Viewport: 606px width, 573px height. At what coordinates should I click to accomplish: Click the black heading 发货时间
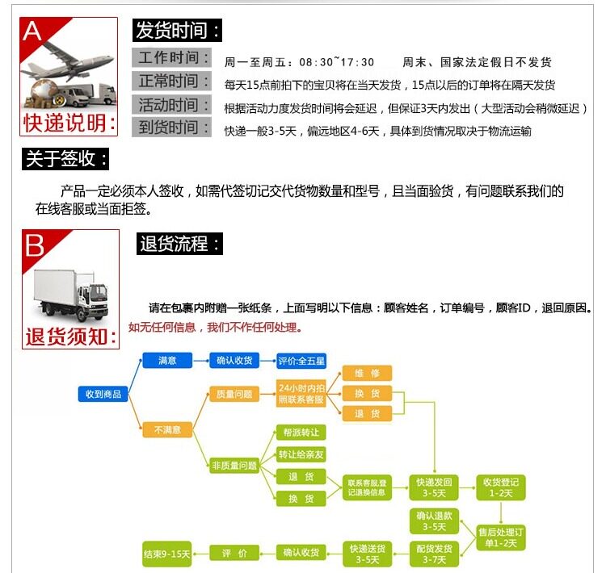[x=178, y=30]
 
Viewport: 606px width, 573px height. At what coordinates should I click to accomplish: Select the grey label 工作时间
[x=171, y=57]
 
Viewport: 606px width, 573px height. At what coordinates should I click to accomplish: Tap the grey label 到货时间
[x=171, y=128]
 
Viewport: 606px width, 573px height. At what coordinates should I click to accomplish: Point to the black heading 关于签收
[x=65, y=159]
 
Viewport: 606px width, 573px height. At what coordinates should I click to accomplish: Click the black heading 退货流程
[x=179, y=244]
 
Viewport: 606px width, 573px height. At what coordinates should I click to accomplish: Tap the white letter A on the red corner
[x=32, y=31]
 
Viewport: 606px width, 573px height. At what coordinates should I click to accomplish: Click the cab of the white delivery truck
[x=93, y=299]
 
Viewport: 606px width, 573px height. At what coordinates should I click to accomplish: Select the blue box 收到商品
[x=103, y=394]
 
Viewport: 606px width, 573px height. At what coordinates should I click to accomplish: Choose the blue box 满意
[x=167, y=360]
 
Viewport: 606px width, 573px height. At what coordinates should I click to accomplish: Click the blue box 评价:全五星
[x=301, y=361]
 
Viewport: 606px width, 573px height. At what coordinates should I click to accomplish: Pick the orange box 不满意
[x=167, y=429]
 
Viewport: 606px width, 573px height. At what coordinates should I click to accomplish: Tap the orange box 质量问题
[x=234, y=394]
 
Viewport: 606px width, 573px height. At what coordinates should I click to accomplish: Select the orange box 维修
[x=367, y=373]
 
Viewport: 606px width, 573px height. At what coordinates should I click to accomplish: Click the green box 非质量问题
[x=234, y=466]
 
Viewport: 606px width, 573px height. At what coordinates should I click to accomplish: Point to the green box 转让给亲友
[x=301, y=454]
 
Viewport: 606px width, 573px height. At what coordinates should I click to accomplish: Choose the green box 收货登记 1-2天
[x=501, y=487]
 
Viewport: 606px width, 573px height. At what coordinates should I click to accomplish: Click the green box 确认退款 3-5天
[x=435, y=521]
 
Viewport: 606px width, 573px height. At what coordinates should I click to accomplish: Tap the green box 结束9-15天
[x=167, y=554]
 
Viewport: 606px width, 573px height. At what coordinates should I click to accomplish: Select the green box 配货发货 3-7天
[x=435, y=554]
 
